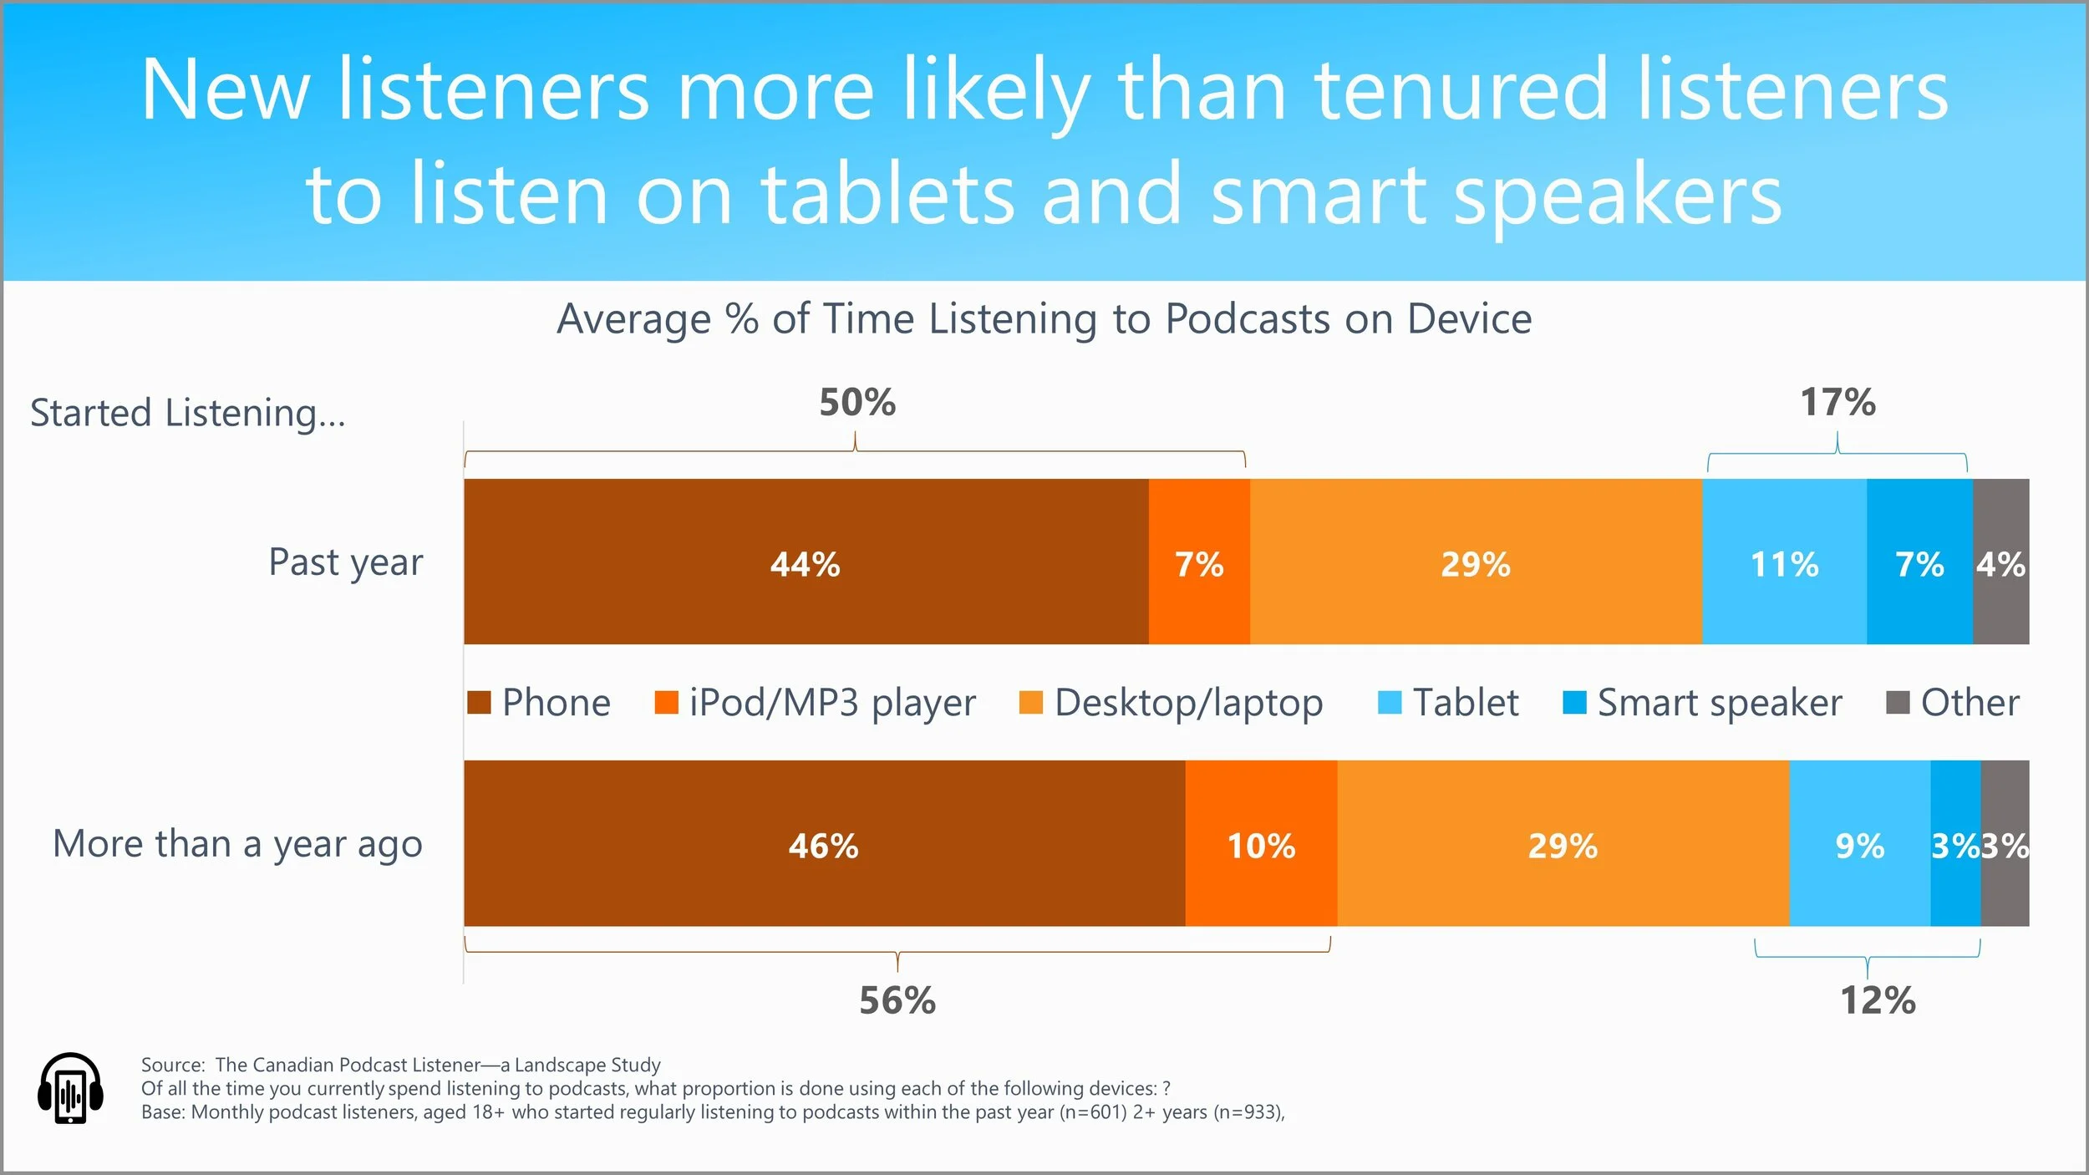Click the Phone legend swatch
tap(479, 703)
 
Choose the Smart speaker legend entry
tap(1719, 703)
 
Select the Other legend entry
tap(1970, 703)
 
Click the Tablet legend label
tap(1466, 703)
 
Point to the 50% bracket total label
tap(857, 402)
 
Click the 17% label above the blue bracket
tap(1837, 402)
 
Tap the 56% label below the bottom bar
tap(897, 1000)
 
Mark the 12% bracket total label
tap(1878, 1000)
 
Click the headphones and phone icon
tap(70, 1088)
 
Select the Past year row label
tap(345, 562)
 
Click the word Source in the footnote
tap(172, 1065)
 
